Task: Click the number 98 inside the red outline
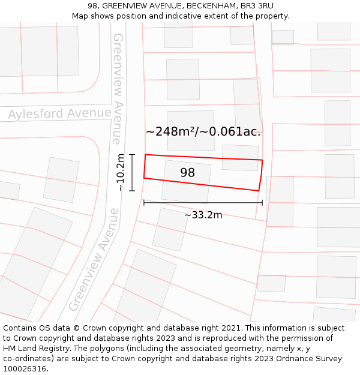pos(188,173)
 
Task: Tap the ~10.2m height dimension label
pos(121,173)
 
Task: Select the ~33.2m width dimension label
pos(203,215)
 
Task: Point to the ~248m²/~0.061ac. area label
pos(203,131)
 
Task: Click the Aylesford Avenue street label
pos(59,113)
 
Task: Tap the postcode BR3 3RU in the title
pos(257,6)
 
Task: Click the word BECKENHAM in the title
pos(211,6)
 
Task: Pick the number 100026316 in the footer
pos(25,369)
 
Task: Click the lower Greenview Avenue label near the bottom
pos(94,259)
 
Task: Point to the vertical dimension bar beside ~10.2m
pos(133,173)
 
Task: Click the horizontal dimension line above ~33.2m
pos(203,203)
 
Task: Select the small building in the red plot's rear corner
pos(240,157)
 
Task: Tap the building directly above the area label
pos(191,122)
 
